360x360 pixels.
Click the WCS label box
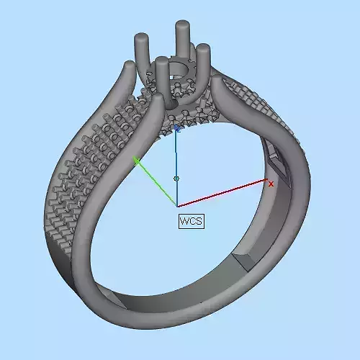191,221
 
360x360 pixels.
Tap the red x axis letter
271,184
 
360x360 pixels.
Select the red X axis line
223,194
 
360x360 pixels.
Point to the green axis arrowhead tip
135,159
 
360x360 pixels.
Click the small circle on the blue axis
177,178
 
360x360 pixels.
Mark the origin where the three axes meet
177,206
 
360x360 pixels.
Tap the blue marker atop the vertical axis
177,129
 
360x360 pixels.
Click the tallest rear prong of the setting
181,43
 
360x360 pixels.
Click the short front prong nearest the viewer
162,79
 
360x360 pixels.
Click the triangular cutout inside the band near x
276,162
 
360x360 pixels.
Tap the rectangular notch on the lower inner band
241,259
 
